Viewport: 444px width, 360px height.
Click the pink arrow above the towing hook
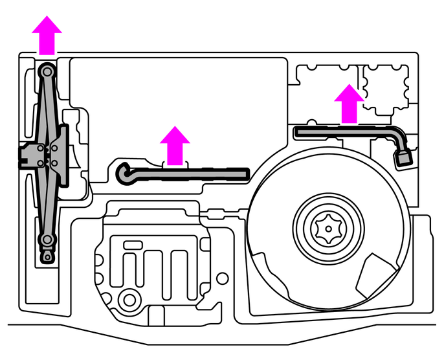click(x=174, y=146)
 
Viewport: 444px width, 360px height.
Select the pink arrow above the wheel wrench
click(x=349, y=104)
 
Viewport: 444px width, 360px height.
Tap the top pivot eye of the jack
click(x=47, y=70)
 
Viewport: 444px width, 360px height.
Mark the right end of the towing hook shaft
click(x=245, y=172)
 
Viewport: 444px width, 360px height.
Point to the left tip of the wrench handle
click(x=298, y=131)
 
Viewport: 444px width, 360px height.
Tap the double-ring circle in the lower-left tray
click(x=130, y=298)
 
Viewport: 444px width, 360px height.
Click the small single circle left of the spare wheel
click(x=223, y=279)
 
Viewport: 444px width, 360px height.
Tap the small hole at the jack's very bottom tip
click(x=47, y=258)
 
